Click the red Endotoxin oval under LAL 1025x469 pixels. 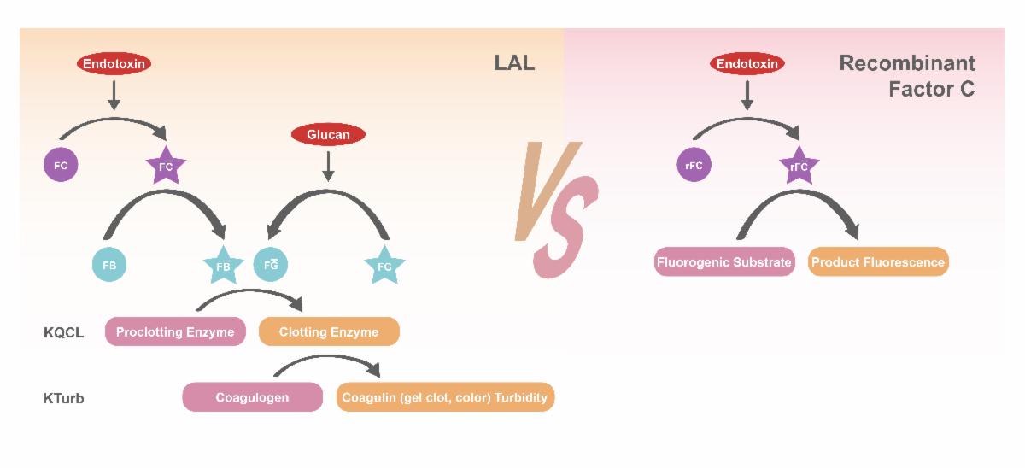[114, 63]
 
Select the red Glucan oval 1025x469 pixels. [328, 134]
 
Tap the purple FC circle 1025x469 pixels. [61, 165]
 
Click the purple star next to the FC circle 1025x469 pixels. [166, 167]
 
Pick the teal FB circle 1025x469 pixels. [109, 265]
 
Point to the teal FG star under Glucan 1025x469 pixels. [384, 267]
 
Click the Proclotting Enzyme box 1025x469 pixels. [175, 332]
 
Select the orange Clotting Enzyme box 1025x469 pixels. [329, 332]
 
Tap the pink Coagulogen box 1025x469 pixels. [252, 397]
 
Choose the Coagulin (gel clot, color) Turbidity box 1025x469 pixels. [445, 397]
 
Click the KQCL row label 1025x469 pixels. [63, 333]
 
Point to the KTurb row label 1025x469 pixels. [64, 398]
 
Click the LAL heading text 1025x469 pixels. [514, 63]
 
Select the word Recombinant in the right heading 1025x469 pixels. [906, 63]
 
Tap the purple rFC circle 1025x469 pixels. [694, 166]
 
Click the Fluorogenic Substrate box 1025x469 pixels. [724, 262]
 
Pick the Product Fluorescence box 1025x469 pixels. [878, 262]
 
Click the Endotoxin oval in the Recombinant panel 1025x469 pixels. [747, 63]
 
